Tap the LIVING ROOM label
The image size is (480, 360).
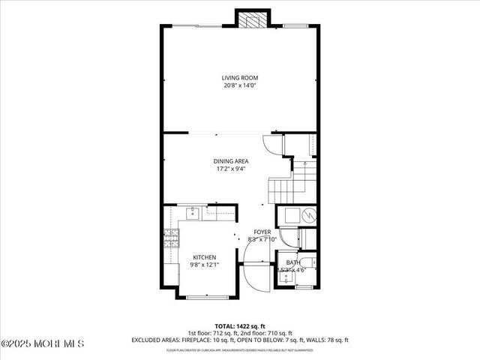(239, 77)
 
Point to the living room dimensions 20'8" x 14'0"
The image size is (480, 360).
(239, 85)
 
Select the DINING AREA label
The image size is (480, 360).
(231, 160)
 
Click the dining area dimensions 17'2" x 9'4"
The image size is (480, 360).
(231, 168)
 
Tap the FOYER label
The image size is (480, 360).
(262, 232)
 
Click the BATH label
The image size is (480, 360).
(291, 262)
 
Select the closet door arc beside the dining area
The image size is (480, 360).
(272, 145)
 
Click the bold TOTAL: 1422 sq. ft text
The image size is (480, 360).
(238, 325)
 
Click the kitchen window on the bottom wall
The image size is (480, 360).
(202, 298)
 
